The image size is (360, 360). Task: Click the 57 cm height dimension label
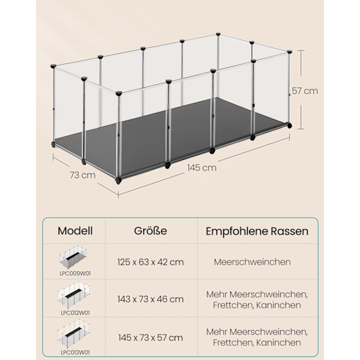(305, 91)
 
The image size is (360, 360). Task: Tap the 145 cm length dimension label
(202, 168)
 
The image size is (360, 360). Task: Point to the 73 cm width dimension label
(83, 175)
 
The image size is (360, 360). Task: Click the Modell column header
(75, 231)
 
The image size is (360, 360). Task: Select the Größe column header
(151, 231)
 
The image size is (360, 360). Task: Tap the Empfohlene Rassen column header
(257, 231)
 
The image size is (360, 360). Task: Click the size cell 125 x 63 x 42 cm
(151, 262)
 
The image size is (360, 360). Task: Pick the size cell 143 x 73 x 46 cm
(151, 299)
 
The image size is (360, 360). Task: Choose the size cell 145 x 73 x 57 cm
(151, 338)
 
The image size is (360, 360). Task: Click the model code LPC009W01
(75, 274)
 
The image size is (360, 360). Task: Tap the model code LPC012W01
(75, 313)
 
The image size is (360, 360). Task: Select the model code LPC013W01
(75, 352)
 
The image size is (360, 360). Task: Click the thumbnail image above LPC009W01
(73, 258)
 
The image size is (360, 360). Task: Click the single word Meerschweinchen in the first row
(253, 262)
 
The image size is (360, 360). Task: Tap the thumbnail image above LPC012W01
(73, 296)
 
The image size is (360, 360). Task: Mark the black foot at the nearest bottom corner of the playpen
(118, 181)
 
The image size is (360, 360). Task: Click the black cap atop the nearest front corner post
(119, 93)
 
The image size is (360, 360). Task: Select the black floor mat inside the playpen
(170, 137)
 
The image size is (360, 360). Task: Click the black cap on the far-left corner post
(53, 66)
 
